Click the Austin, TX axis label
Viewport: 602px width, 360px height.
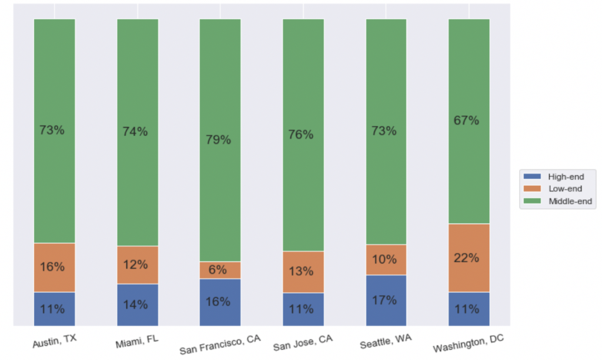pos(55,342)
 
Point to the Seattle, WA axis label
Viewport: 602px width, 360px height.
pos(386,342)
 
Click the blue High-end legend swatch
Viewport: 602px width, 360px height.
pos(533,176)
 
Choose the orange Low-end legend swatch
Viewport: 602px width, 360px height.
pos(533,189)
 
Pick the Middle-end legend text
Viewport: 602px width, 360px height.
pos(571,202)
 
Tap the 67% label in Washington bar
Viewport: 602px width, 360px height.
pos(466,121)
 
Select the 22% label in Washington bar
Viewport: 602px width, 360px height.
pos(466,258)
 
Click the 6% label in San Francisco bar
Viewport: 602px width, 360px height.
pos(218,270)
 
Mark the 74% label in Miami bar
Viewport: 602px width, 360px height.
pos(135,132)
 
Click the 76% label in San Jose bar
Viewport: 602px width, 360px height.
pos(301,135)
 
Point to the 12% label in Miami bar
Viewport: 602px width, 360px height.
pos(135,265)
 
